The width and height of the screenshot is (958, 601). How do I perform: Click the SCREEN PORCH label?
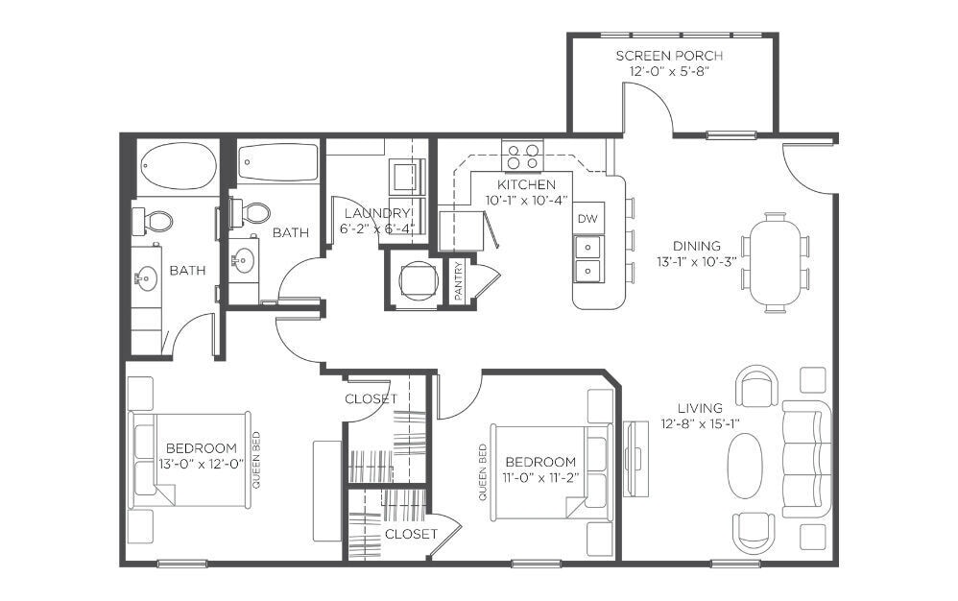pyautogui.click(x=669, y=56)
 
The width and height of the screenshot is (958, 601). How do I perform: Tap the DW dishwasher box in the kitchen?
pyautogui.click(x=587, y=218)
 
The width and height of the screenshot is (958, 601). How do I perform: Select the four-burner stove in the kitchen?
pyautogui.click(x=522, y=156)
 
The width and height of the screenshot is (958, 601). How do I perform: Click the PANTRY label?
pyautogui.click(x=459, y=281)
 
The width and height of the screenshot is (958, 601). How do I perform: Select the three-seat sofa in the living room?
pyautogui.click(x=806, y=459)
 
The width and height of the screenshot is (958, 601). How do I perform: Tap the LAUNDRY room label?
pyautogui.click(x=377, y=213)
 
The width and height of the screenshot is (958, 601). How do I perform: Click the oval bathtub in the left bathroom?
pyautogui.click(x=179, y=166)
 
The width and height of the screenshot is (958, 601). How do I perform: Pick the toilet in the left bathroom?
pyautogui.click(x=153, y=221)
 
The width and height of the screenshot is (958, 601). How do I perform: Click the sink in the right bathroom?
pyautogui.click(x=244, y=260)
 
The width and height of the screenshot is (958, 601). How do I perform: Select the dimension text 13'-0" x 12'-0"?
pyautogui.click(x=201, y=464)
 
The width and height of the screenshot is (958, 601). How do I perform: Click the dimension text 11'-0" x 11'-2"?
pyautogui.click(x=540, y=477)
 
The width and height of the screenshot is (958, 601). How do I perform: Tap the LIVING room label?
pyautogui.click(x=700, y=408)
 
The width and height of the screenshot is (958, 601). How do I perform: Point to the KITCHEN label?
pyautogui.click(x=526, y=184)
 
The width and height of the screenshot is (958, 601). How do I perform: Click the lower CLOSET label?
pyautogui.click(x=411, y=534)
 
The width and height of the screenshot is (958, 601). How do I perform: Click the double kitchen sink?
pyautogui.click(x=588, y=258)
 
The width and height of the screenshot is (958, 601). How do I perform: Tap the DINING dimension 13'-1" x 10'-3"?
pyautogui.click(x=697, y=261)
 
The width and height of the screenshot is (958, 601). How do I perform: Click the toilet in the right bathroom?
pyautogui.click(x=251, y=213)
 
